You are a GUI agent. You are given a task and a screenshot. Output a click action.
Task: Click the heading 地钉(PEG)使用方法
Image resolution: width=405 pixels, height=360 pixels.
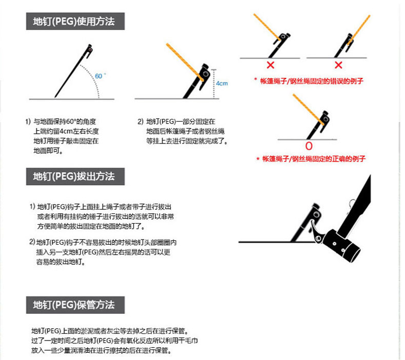74,21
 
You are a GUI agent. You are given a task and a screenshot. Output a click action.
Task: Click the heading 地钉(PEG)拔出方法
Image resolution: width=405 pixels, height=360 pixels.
74,176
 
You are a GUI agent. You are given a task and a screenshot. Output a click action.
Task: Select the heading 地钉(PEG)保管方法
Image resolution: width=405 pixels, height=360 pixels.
74,305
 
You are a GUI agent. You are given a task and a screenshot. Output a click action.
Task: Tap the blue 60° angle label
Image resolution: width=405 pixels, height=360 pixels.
100,76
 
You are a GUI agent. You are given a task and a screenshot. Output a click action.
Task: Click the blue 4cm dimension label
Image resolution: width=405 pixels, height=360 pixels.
222,83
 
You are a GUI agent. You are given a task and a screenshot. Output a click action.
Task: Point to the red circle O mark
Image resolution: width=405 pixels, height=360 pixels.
309,146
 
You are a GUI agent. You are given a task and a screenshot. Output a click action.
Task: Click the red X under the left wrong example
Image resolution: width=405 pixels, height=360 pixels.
271,65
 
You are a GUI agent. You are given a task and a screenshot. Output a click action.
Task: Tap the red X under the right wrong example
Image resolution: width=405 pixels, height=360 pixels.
338,65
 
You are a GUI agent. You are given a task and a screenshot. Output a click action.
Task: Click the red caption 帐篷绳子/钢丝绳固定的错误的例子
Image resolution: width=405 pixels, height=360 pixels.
312,81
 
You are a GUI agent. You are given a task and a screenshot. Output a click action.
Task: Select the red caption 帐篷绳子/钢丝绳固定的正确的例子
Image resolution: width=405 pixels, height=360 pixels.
314,158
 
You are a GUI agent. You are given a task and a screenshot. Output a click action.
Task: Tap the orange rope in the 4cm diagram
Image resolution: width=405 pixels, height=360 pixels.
185,62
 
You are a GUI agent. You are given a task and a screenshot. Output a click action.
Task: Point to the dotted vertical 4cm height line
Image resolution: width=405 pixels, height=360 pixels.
214,84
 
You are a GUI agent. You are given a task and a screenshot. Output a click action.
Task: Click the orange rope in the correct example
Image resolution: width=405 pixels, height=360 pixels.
308,109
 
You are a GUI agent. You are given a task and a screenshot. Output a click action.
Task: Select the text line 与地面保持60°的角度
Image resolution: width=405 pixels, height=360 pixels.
65,122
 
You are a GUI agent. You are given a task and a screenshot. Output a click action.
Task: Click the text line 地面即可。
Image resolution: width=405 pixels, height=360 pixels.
48,151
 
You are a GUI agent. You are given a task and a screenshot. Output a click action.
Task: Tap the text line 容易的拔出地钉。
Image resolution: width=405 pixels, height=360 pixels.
61,262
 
